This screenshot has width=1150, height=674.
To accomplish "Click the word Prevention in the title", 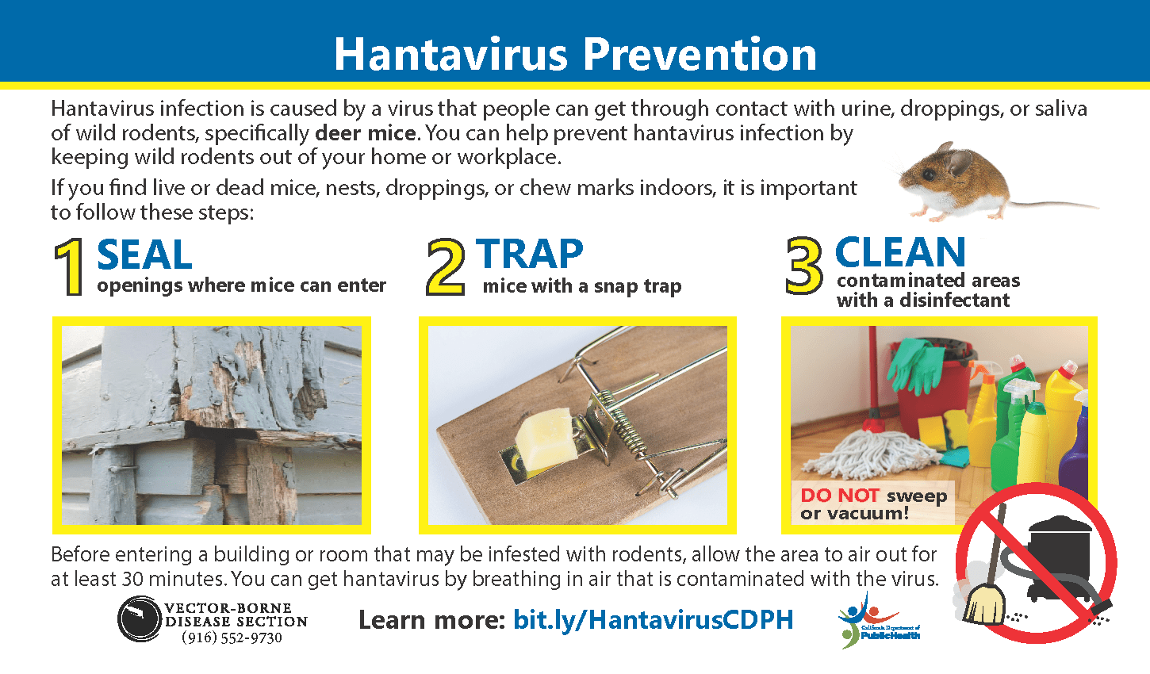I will tap(700, 54).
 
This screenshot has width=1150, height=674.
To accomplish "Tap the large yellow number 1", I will tap(71, 268).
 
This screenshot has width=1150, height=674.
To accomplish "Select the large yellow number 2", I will tap(445, 268).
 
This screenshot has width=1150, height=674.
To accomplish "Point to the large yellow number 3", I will tap(804, 266).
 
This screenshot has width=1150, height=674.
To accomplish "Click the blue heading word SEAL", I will tap(144, 255).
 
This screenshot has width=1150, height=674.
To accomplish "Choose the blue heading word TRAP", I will tap(530, 255).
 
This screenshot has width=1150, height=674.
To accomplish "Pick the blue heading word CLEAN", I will tap(900, 253).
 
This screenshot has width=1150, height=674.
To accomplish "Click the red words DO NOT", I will tap(839, 496).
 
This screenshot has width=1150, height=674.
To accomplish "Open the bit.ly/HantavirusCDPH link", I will tap(653, 619).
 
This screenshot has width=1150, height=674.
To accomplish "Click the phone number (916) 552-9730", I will tap(232, 638).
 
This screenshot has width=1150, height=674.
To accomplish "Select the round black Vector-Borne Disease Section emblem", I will tap(140, 618).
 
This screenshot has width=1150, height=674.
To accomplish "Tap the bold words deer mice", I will tap(366, 132).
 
